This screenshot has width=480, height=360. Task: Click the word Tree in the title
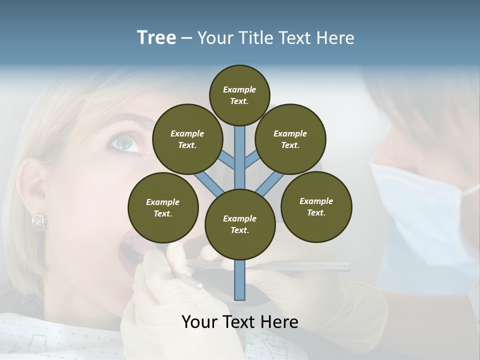point(156,38)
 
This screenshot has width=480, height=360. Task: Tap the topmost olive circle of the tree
point(239,95)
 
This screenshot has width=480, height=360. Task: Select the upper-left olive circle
point(187,139)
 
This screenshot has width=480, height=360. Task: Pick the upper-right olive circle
point(290,139)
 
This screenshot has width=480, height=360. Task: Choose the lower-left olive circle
point(163,207)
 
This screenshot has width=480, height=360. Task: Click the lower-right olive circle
point(316,206)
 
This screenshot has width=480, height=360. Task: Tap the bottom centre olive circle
point(240,224)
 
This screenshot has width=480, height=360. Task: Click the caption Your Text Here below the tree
point(240,321)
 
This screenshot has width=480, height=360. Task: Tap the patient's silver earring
point(39,222)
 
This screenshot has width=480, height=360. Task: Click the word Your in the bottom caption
point(200,321)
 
